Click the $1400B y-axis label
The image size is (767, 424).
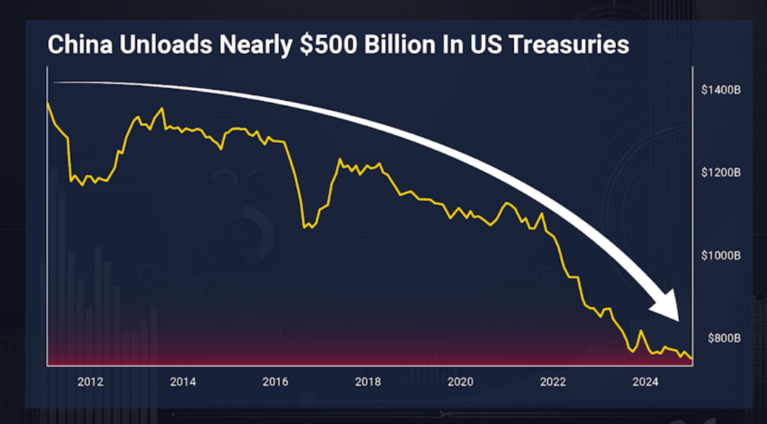click(x=721, y=90)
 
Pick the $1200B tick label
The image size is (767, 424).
click(x=721, y=173)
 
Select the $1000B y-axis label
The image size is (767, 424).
click(x=721, y=255)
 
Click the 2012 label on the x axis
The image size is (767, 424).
click(x=90, y=382)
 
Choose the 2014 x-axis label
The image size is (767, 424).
click(x=182, y=382)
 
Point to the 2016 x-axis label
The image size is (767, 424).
click(x=275, y=382)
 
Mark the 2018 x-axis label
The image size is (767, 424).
click(x=368, y=382)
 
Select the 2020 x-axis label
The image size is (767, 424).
click(x=460, y=382)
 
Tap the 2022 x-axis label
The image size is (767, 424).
click(x=553, y=382)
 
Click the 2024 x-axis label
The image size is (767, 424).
click(x=645, y=382)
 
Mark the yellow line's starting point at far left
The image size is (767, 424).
click(x=48, y=103)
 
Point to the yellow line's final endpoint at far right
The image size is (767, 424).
click(x=691, y=359)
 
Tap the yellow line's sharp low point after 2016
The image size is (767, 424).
click(x=305, y=227)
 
